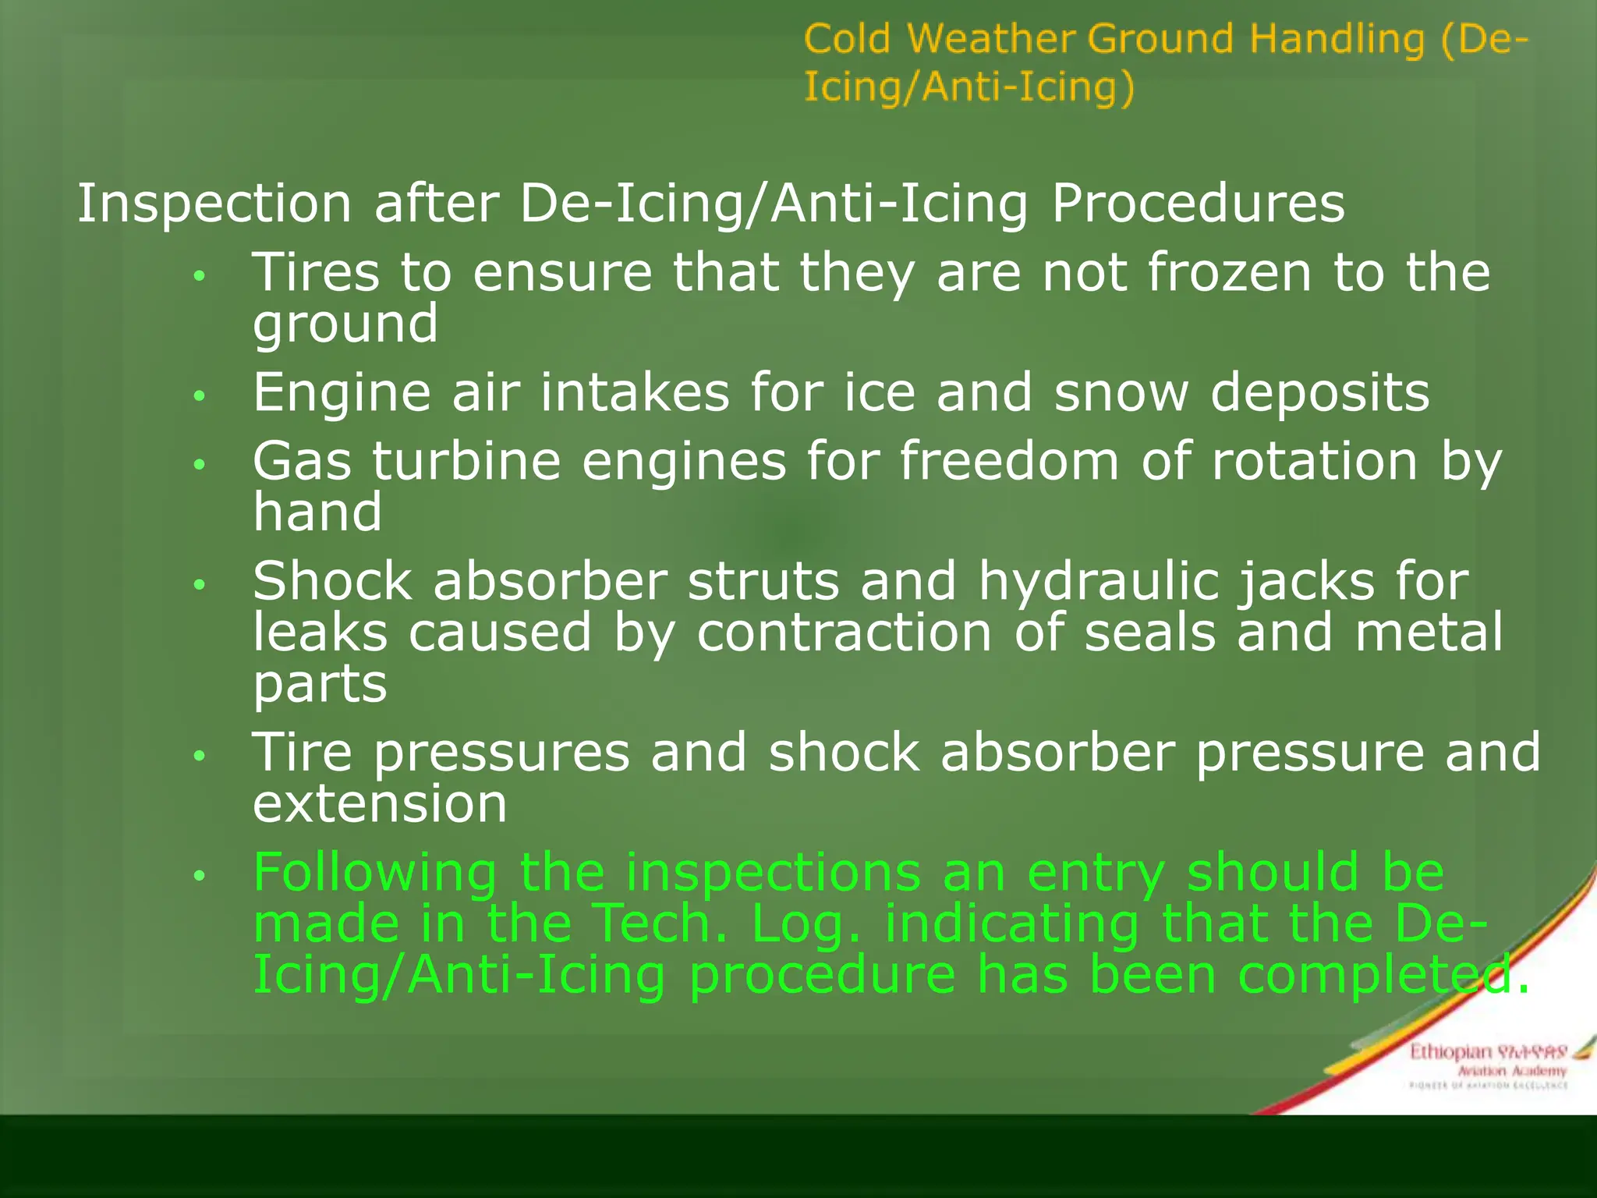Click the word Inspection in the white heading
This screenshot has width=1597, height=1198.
(214, 204)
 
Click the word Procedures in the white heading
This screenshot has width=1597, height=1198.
(1198, 204)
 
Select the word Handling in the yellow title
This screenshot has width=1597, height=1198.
(1337, 39)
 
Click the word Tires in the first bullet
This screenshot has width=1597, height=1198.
(316, 273)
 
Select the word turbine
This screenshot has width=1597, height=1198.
(466, 461)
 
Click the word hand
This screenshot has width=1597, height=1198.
(317, 512)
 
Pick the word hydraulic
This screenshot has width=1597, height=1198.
(1098, 582)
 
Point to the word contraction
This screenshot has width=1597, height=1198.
(845, 633)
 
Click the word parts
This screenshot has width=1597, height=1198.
(320, 684)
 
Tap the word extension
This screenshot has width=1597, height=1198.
(380, 804)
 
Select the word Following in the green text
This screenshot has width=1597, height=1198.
(375, 873)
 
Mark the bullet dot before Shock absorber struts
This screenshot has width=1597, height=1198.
(200, 583)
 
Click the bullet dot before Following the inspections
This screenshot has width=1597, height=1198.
(200, 875)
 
